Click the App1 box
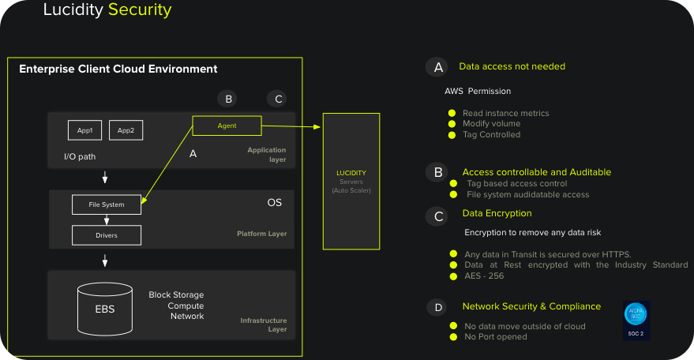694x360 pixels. [x=84, y=130]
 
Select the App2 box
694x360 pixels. [x=126, y=130]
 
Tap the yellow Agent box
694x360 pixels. [x=227, y=126]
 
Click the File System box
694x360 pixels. [x=107, y=204]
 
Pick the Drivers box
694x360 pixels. [x=107, y=234]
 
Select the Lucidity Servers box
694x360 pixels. [x=351, y=182]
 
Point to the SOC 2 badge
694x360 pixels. [x=636, y=320]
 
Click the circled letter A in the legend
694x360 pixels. [x=438, y=67]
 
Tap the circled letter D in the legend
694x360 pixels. [x=438, y=307]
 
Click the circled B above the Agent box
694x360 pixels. [x=228, y=99]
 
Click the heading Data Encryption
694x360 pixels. [x=497, y=213]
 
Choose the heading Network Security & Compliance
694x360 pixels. [x=531, y=306]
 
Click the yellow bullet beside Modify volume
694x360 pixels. [x=452, y=124]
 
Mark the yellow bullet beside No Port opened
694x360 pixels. [x=453, y=337]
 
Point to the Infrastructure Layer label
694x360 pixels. [x=264, y=325]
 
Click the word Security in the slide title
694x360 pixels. [x=140, y=10]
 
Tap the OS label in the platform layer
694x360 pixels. [x=274, y=203]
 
